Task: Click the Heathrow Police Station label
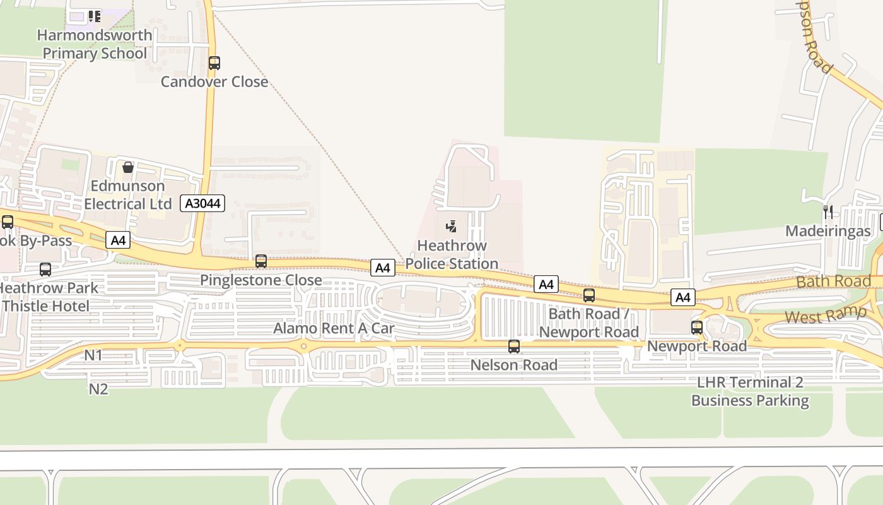click(x=452, y=254)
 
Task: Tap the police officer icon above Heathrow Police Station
click(x=451, y=226)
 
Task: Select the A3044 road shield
click(x=202, y=203)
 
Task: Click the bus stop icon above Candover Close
click(x=214, y=63)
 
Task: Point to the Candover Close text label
click(x=214, y=81)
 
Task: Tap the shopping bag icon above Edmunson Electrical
click(x=128, y=167)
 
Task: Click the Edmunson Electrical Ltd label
click(x=128, y=195)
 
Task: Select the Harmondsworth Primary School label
click(x=95, y=44)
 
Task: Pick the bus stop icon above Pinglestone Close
click(x=261, y=261)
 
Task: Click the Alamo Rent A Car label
click(x=334, y=328)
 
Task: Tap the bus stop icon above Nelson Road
click(x=514, y=346)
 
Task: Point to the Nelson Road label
click(x=514, y=365)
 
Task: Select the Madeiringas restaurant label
click(x=828, y=231)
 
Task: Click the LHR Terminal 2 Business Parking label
click(x=750, y=391)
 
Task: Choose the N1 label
click(x=93, y=355)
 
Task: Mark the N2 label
click(x=98, y=389)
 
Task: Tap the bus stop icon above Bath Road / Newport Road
click(x=589, y=295)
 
